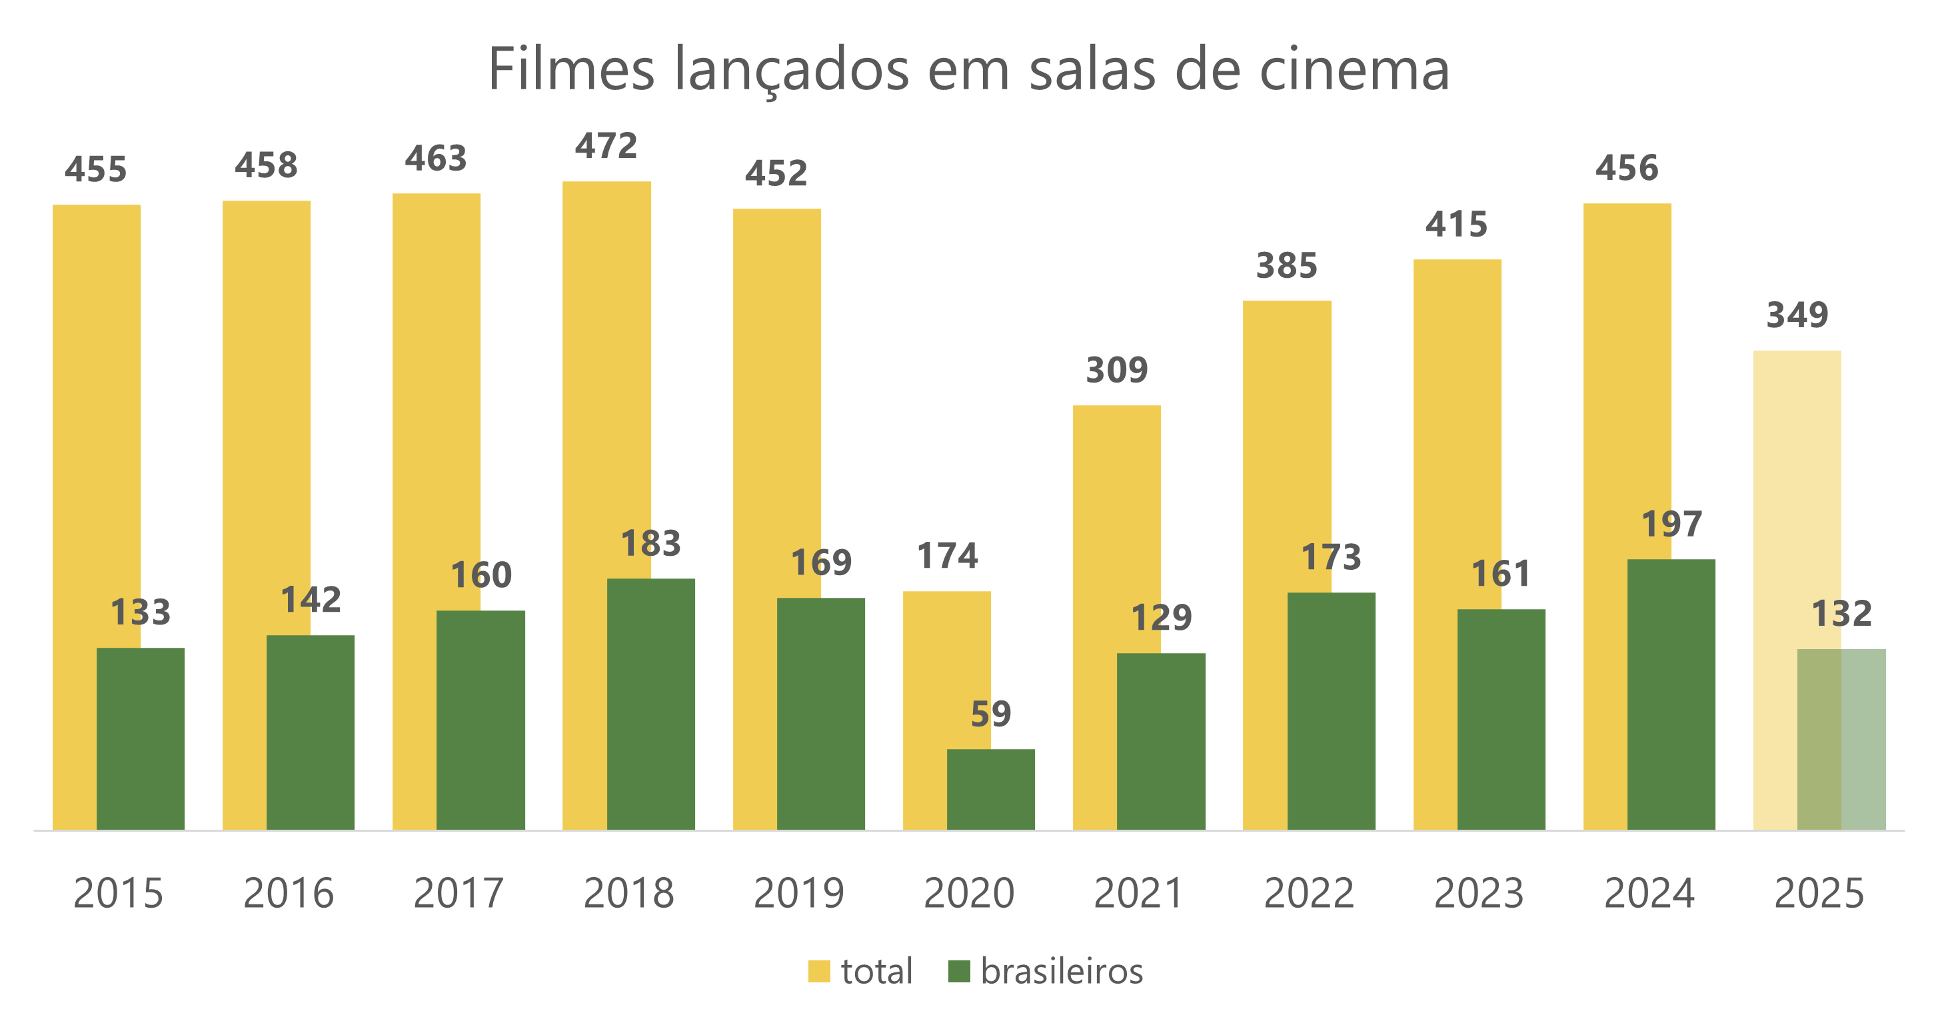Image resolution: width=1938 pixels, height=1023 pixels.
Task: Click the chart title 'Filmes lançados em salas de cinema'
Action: point(968,69)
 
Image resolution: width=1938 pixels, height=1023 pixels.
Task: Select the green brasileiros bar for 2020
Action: point(990,789)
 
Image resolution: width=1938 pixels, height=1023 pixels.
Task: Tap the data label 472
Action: point(606,146)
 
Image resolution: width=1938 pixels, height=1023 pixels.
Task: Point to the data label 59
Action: point(990,714)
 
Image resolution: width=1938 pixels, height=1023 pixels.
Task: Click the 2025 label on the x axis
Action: point(1819,894)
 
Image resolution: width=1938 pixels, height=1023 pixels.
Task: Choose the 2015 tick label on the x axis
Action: point(118,894)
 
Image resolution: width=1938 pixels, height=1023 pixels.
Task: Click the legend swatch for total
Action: point(818,971)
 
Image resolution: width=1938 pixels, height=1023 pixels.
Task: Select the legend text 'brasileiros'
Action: point(1062,971)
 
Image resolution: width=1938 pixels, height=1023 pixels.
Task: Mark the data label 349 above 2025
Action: point(1797,315)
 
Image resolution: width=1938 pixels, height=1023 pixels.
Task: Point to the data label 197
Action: point(1671,524)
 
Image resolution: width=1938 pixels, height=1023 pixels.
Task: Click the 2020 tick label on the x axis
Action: point(968,894)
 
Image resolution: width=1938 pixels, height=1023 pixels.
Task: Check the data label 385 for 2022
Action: point(1286,265)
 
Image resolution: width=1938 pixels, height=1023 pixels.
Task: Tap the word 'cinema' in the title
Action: point(1354,69)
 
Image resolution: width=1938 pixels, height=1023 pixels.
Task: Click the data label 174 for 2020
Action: point(946,556)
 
